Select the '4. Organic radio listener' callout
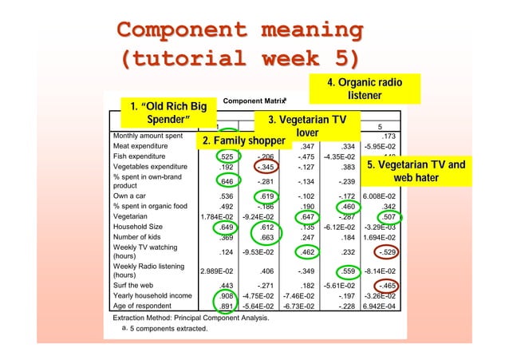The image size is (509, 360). coord(363,89)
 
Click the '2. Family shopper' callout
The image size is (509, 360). coord(243,141)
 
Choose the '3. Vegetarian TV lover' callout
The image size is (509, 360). coord(306,126)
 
